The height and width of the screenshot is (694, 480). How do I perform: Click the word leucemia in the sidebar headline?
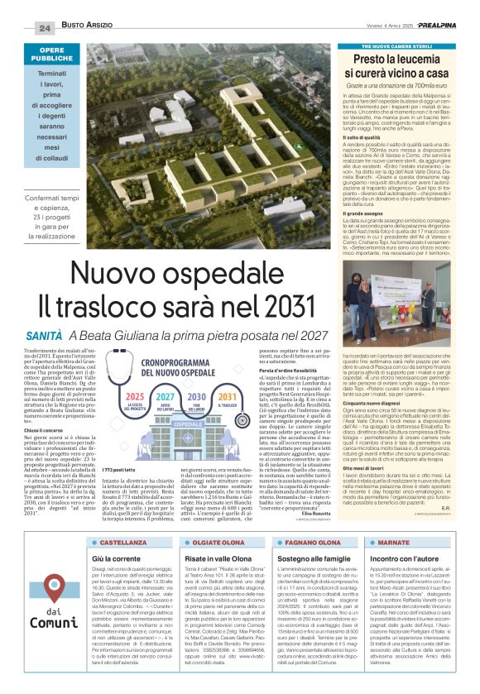pyautogui.click(x=417, y=60)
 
